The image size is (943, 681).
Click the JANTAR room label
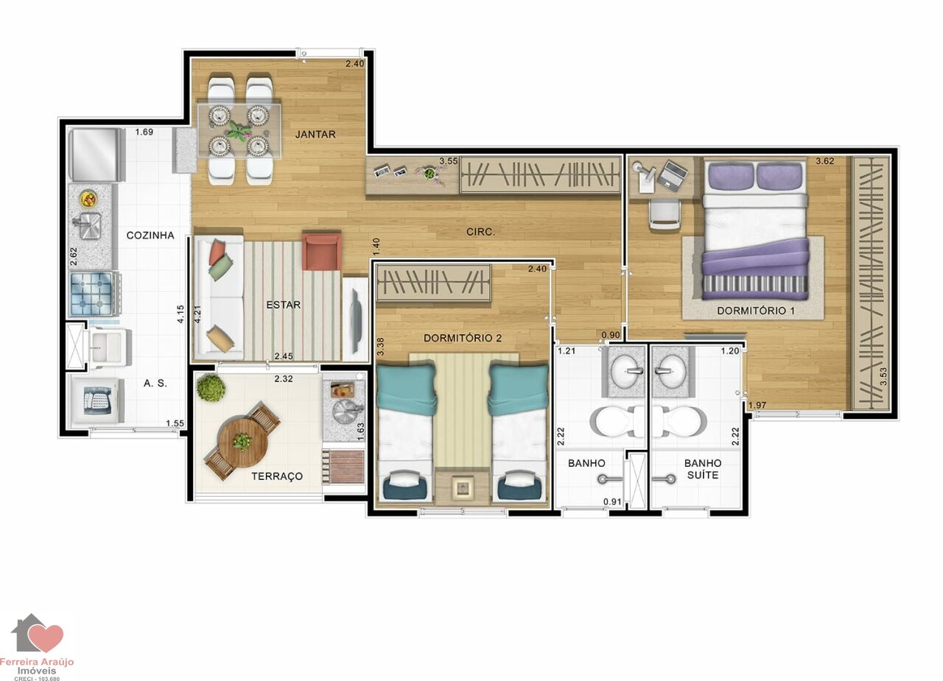pyautogui.click(x=315, y=134)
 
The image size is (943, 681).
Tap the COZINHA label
pyautogui.click(x=150, y=235)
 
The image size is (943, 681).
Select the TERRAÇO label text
pyautogui.click(x=277, y=476)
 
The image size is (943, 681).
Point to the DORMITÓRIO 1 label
pyautogui.click(x=756, y=311)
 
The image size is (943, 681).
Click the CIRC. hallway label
pyautogui.click(x=480, y=232)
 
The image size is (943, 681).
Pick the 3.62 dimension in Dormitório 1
pyautogui.click(x=824, y=160)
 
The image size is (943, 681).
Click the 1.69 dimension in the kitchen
pyautogui.click(x=144, y=132)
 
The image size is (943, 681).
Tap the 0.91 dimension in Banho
pyautogui.click(x=612, y=501)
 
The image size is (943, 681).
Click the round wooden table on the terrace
pyautogui.click(x=243, y=441)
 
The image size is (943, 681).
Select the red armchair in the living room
pyautogui.click(x=322, y=251)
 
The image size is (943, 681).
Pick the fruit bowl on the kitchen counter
pyautogui.click(x=89, y=199)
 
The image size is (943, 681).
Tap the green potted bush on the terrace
pyautogui.click(x=211, y=387)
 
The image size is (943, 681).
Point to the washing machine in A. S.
pyautogui.click(x=97, y=401)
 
